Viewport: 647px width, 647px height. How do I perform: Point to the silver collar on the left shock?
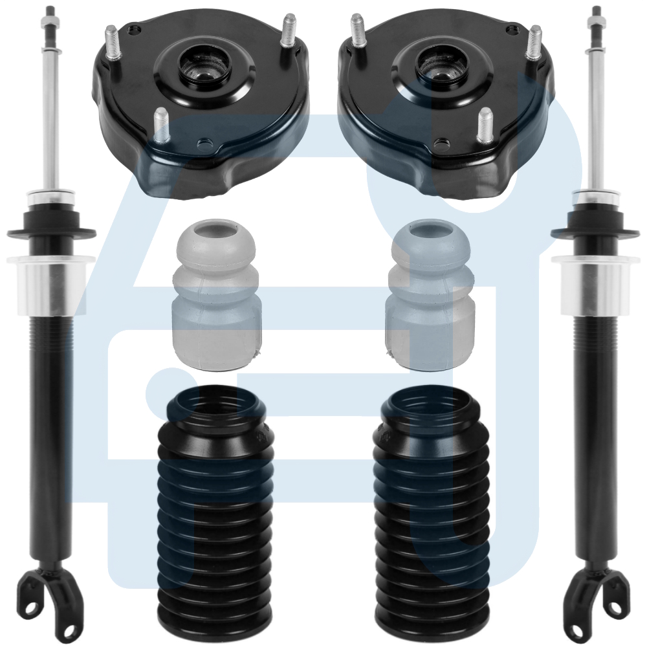pos(48,285)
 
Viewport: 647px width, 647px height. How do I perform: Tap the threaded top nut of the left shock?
pos(50,23)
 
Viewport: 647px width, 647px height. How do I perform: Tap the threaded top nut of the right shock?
pos(595,23)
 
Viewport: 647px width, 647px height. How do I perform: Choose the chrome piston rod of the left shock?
pos(50,116)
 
